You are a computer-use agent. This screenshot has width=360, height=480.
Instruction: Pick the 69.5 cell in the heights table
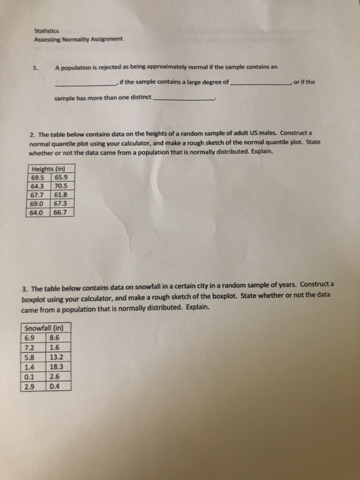[x=39, y=177]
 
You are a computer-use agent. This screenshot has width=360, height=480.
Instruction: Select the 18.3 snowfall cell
[x=58, y=367]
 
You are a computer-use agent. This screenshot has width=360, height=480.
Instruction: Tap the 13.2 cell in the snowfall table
[x=58, y=357]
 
